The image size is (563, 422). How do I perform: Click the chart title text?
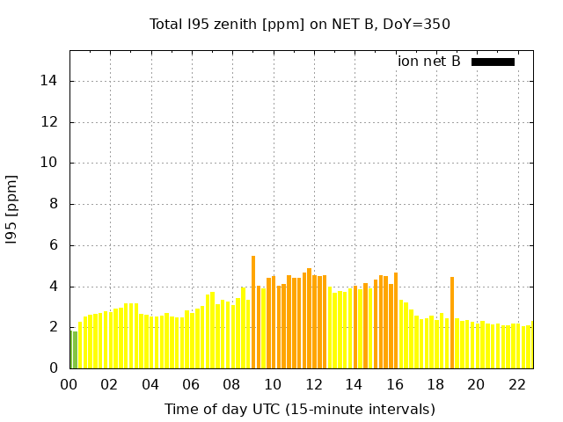point(300,24)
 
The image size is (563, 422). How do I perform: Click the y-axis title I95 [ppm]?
point(12,210)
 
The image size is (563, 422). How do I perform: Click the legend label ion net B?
point(429,62)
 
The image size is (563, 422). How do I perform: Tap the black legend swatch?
point(493,62)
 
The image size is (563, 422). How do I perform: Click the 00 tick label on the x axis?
point(69,385)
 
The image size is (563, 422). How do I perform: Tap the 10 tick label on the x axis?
point(273,385)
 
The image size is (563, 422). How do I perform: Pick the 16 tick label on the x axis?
point(395,385)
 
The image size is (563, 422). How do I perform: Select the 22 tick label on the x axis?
point(516,385)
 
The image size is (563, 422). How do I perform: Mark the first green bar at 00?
point(70,349)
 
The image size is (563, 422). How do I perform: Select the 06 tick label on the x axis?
point(192,385)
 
